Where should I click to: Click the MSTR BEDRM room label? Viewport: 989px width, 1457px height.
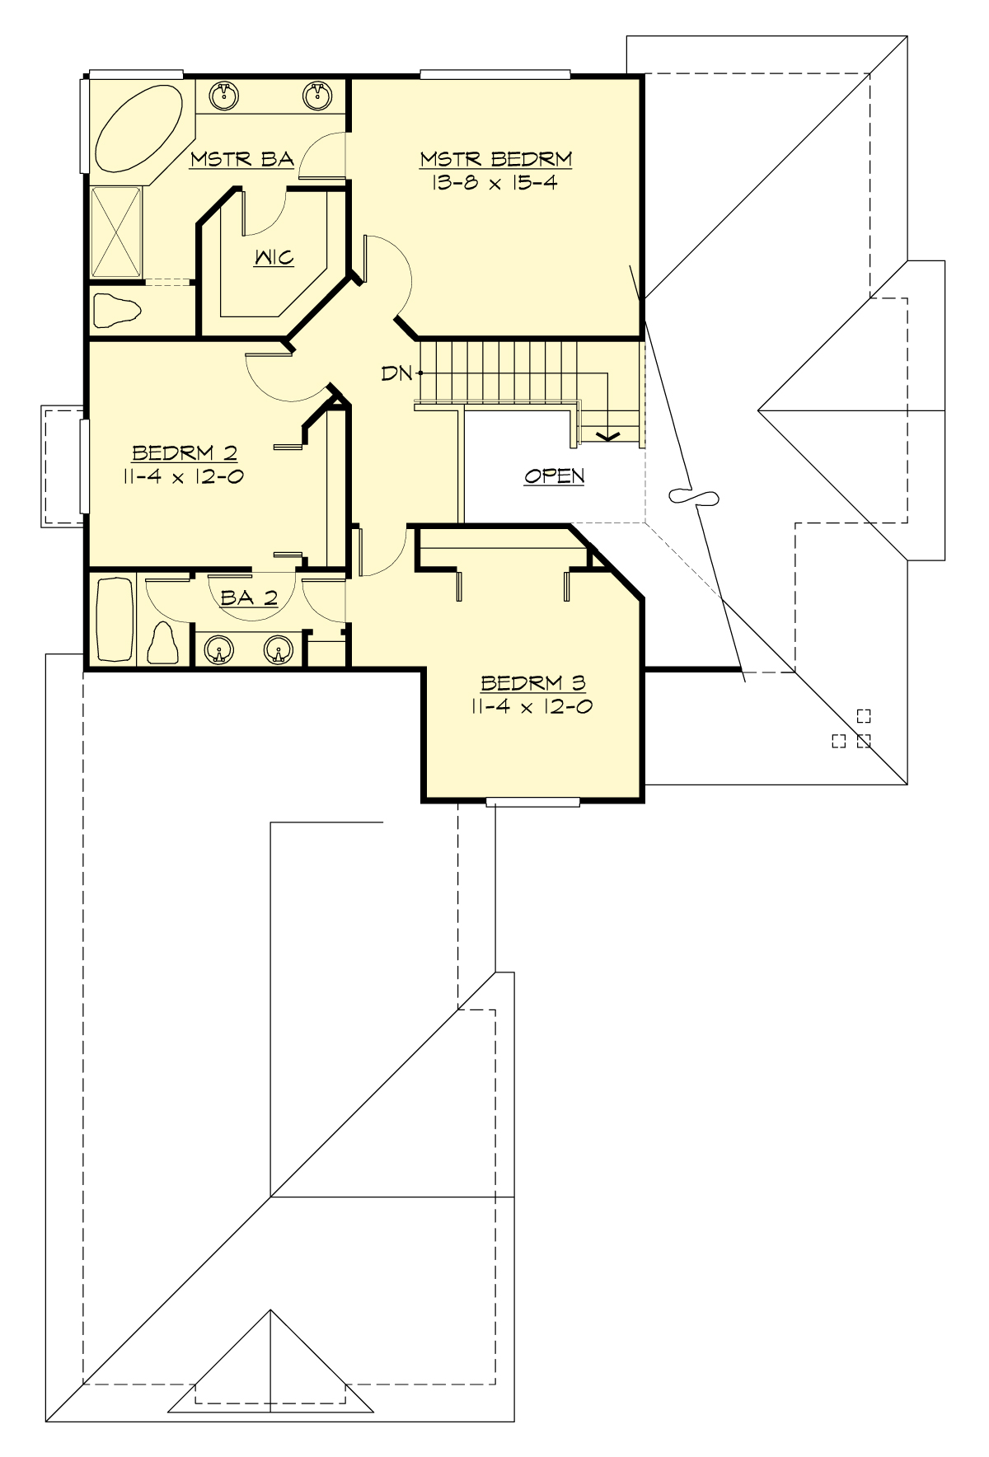pos(495,158)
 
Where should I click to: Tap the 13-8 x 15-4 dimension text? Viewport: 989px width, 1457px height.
pos(494,182)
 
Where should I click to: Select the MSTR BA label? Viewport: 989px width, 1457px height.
pos(241,159)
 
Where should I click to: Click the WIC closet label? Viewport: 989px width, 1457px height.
pos(274,257)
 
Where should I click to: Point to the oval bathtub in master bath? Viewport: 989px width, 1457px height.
pos(138,129)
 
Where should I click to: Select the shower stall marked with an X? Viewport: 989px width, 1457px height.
pos(115,232)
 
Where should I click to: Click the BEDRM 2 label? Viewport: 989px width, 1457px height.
pos(185,452)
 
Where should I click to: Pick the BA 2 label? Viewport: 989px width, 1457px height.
pos(249,597)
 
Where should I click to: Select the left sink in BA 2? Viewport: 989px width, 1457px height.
pos(218,651)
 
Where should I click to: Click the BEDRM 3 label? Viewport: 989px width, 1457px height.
pos(533,682)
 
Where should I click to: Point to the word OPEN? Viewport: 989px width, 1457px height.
pos(555,476)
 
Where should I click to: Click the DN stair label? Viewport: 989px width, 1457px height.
pos(396,373)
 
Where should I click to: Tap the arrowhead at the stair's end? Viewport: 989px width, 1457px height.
pos(608,436)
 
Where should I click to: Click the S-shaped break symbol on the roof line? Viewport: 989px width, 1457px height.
pos(693,496)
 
